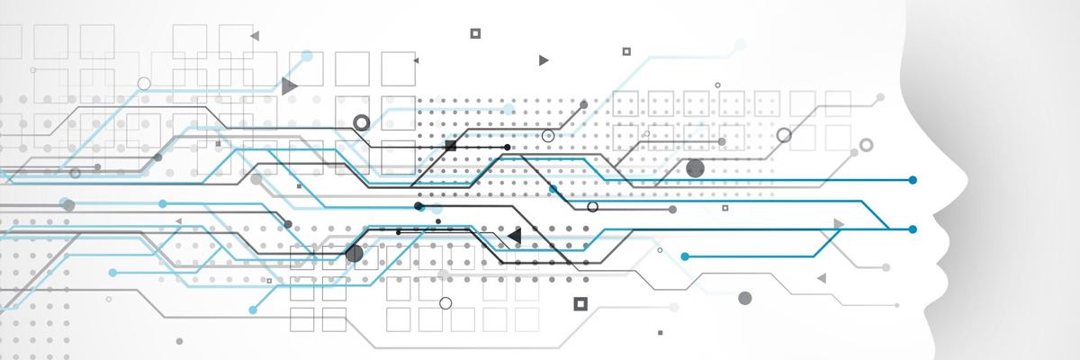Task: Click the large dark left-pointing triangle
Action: (x=514, y=236)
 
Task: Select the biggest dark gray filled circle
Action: (x=354, y=254)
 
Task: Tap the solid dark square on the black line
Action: (x=451, y=145)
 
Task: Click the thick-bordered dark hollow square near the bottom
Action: (x=580, y=303)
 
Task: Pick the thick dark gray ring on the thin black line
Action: (x=361, y=122)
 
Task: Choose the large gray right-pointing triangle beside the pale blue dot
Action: (x=288, y=86)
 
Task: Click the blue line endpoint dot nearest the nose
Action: (x=913, y=180)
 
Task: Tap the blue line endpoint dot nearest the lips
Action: (x=913, y=229)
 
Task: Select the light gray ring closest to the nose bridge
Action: (x=866, y=144)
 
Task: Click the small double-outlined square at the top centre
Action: (x=475, y=33)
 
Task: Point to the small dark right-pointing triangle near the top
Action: (x=543, y=60)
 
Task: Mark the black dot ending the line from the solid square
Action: (x=507, y=147)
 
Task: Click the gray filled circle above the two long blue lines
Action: (x=695, y=168)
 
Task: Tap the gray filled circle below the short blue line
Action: (x=744, y=298)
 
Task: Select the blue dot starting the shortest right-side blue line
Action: (x=685, y=256)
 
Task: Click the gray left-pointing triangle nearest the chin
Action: (x=821, y=278)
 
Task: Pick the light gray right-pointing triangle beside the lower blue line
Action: (x=839, y=223)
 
